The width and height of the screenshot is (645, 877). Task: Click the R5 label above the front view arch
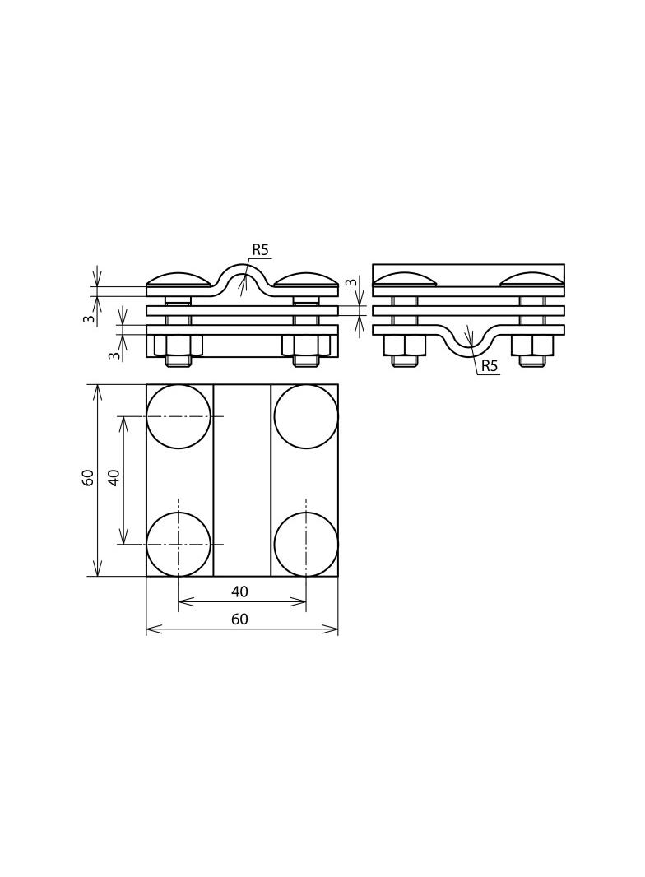260,249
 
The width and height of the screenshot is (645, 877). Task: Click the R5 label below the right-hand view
489,366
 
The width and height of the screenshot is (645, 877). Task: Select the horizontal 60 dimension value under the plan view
239,619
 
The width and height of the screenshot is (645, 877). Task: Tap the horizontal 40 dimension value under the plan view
239,592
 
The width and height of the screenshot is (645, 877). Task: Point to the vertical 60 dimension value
88,477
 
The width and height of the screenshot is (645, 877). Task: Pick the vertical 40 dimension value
114,477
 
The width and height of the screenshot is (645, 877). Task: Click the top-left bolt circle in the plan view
179,416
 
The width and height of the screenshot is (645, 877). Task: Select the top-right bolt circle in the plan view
306,416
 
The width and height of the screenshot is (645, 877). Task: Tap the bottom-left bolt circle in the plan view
179,544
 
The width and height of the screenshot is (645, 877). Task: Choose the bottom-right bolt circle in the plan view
306,544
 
